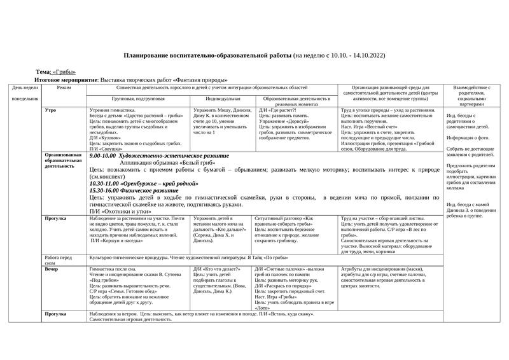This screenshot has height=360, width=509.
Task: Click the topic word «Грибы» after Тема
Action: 64,73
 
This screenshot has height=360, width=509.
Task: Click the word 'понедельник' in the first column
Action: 25,99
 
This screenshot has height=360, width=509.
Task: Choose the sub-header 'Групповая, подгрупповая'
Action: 138,99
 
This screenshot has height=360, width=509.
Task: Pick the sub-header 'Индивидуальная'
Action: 223,99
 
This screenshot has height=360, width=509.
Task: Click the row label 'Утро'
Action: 51,110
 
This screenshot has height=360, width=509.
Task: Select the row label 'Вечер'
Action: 52,269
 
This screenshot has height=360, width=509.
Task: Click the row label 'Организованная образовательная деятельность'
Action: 63,161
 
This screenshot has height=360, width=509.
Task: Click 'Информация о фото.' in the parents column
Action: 468,137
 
